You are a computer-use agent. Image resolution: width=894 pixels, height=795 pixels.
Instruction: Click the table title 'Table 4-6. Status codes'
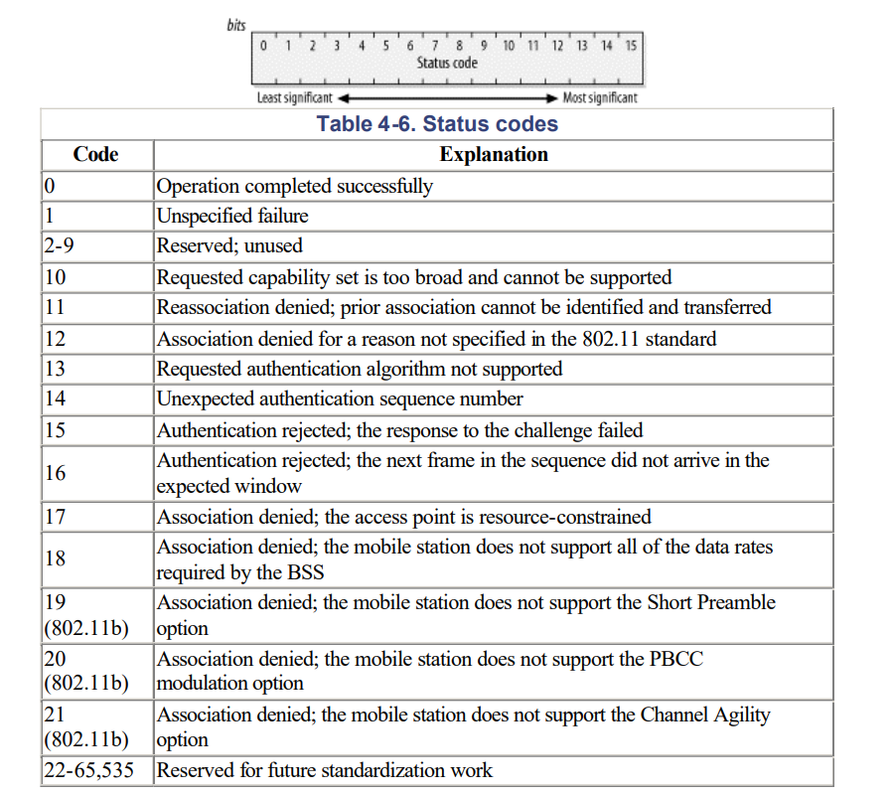437,124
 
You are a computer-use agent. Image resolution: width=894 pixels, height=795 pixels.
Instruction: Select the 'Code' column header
95,154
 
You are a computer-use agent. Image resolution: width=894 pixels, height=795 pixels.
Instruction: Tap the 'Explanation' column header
494,154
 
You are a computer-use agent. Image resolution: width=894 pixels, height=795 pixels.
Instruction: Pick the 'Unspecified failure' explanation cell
232,216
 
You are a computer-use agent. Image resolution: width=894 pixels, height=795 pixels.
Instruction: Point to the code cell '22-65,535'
89,770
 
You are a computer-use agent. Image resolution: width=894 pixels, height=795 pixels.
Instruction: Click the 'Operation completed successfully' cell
295,186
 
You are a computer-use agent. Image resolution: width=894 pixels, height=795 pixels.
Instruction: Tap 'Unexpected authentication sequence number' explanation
340,398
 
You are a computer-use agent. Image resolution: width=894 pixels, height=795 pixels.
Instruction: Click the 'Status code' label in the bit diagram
447,63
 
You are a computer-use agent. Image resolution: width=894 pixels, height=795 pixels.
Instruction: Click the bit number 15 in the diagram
631,45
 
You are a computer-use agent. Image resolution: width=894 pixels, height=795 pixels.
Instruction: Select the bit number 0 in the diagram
263,45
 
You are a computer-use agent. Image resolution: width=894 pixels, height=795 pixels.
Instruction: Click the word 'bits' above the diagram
236,25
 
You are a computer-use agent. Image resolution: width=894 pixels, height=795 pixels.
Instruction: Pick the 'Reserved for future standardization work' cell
325,770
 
